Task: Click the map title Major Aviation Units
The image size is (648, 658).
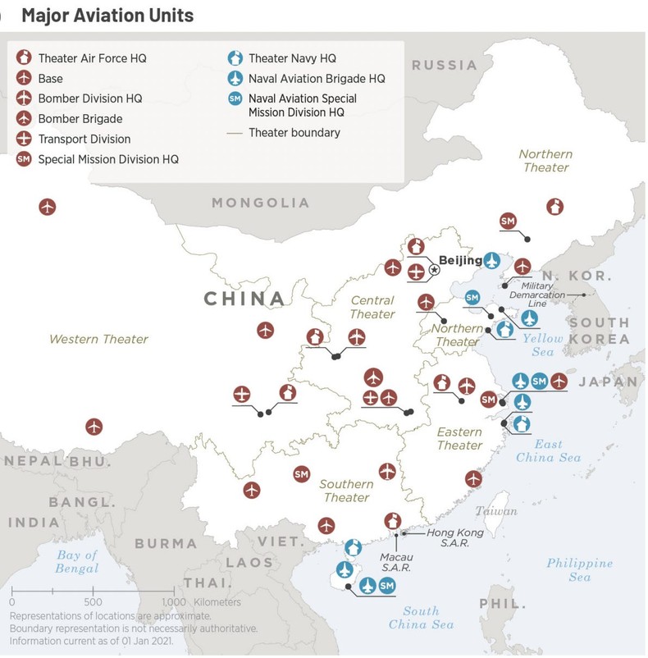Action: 108,15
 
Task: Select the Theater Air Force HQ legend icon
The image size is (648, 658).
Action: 25,58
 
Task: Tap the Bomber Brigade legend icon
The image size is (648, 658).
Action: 25,119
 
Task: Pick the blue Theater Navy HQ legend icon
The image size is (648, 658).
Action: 235,58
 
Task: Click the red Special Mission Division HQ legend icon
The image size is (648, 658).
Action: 25,159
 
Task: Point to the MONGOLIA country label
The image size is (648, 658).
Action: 260,203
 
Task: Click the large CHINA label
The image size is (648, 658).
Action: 244,299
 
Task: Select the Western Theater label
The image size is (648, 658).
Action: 98,339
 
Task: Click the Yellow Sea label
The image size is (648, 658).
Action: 543,345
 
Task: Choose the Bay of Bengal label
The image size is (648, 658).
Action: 77,562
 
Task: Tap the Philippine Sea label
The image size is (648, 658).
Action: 579,570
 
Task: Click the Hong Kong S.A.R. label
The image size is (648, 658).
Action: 454,538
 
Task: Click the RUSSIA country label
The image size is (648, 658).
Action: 444,65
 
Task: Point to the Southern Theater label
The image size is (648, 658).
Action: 346,491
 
